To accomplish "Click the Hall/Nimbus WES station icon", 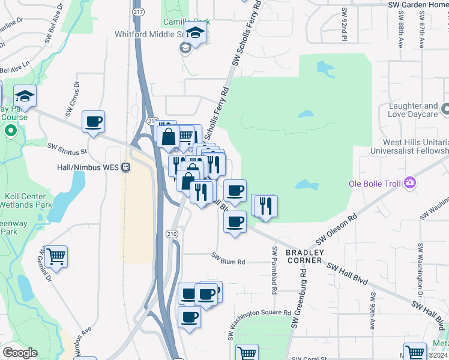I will pyautogui.click(x=125, y=167).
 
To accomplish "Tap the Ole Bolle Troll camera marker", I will pyautogui.click(x=410, y=182).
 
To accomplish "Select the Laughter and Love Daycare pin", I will pyautogui.click(x=445, y=109).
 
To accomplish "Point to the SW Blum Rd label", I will pyautogui.click(x=228, y=262).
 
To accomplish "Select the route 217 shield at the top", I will pyautogui.click(x=138, y=11).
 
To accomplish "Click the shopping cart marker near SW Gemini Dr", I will pyautogui.click(x=56, y=257).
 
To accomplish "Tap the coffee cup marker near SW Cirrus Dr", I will pyautogui.click(x=93, y=122).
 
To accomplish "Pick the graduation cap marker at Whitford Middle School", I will pyautogui.click(x=196, y=32).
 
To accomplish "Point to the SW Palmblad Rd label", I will pyautogui.click(x=274, y=270).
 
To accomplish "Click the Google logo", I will pyautogui.click(x=20, y=353).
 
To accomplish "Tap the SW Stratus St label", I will pyautogui.click(x=67, y=148).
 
